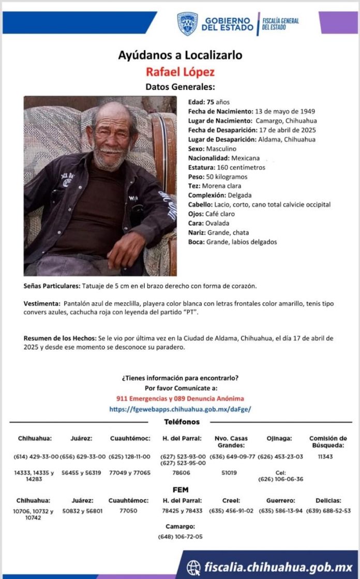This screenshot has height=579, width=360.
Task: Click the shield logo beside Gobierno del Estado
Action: pyautogui.click(x=187, y=24)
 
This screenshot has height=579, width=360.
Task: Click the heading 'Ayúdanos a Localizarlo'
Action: pyautogui.click(x=180, y=55)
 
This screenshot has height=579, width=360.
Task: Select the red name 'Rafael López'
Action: pyautogui.click(x=180, y=71)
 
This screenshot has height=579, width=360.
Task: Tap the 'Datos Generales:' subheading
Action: pyautogui.click(x=180, y=86)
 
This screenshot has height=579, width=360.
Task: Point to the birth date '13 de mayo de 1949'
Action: pyautogui.click(x=285, y=111)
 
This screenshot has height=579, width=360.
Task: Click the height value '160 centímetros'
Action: pyautogui.click(x=235, y=167)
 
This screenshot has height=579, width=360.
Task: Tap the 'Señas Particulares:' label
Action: pyautogui.click(x=52, y=286)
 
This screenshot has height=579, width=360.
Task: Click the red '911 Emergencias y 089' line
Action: pyautogui.click(x=180, y=398)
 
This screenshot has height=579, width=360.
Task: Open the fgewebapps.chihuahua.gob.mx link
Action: pyautogui.click(x=180, y=409)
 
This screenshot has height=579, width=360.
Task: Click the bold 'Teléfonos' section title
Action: pyautogui.click(x=182, y=422)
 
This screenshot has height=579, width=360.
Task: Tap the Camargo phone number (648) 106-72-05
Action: pyautogui.click(x=180, y=537)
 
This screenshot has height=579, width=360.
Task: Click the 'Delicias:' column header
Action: pyautogui.click(x=328, y=500)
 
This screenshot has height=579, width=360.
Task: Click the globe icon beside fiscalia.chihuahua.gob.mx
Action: pyautogui.click(x=193, y=567)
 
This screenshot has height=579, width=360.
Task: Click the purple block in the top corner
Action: pyautogui.click(x=338, y=22)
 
